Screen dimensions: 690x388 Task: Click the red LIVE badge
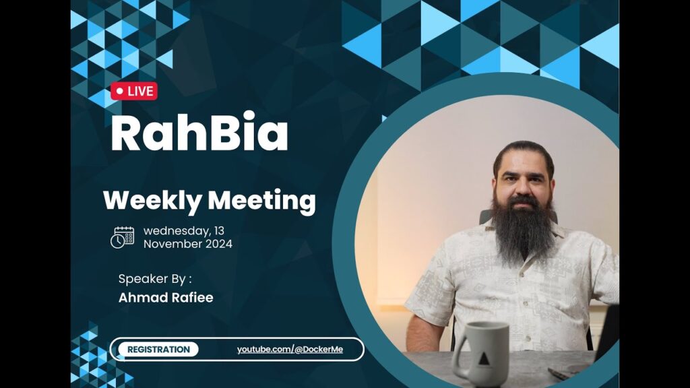click(134, 91)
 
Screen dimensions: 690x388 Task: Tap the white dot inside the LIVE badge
click(120, 91)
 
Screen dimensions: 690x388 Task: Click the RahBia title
click(199, 132)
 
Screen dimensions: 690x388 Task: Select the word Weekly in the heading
click(152, 201)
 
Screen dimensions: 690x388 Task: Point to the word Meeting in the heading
click(262, 201)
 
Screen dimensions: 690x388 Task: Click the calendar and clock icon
click(123, 238)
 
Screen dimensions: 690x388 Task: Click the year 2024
click(218, 244)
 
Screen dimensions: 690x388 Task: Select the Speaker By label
click(155, 279)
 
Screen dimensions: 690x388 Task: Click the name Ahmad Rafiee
click(166, 298)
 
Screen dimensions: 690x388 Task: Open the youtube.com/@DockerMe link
click(290, 350)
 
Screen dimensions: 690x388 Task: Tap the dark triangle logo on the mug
click(484, 359)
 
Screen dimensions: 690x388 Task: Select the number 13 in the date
click(219, 230)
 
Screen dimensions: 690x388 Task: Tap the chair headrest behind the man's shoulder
click(486, 217)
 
